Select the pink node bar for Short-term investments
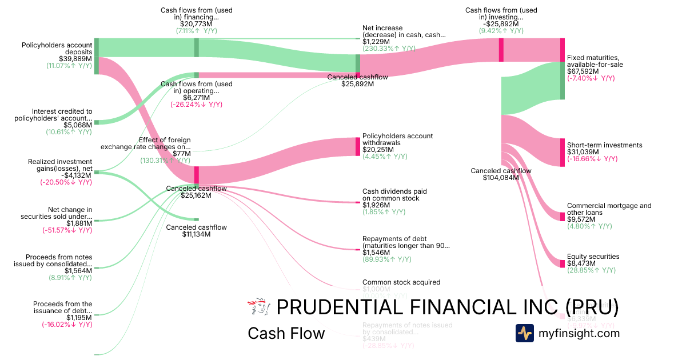[563, 152]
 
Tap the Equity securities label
[593, 257]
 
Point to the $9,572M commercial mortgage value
[581, 219]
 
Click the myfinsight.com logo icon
[524, 333]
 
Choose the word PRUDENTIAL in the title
[340, 307]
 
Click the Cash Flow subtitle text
[286, 333]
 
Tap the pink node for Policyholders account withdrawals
[358, 146]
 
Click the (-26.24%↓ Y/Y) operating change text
[196, 105]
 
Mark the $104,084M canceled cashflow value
[501, 178]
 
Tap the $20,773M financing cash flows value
[197, 25]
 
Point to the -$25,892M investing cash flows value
[501, 25]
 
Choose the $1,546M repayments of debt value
[376, 253]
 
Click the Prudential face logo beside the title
[258, 307]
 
